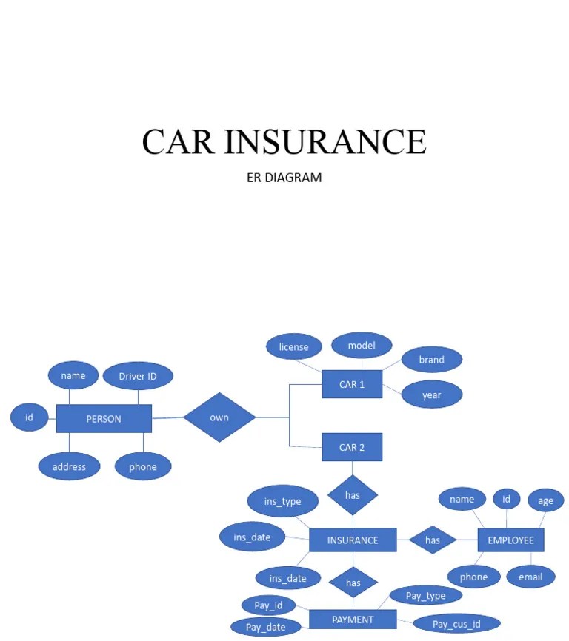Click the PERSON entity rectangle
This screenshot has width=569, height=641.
coord(104,418)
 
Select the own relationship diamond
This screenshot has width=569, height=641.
coord(219,417)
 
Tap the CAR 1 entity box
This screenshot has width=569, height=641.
coord(352,384)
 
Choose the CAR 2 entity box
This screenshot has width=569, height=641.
coord(352,447)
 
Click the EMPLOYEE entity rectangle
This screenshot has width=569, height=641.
coord(510,540)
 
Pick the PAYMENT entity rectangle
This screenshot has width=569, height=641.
coord(353,620)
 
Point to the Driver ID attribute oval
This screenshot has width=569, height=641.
coord(138,376)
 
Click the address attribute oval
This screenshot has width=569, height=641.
coord(69,466)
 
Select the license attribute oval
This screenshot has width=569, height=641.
coord(293,346)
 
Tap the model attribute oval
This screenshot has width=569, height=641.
coord(362,345)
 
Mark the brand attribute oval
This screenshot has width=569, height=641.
coord(431,360)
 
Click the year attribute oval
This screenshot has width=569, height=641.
coord(431,395)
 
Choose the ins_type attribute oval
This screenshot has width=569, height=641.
coord(282,501)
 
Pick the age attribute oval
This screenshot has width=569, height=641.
coord(545,501)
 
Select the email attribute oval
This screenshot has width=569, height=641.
coord(530,577)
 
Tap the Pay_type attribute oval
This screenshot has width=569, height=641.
coord(426,595)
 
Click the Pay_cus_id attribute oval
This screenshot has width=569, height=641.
coord(456,624)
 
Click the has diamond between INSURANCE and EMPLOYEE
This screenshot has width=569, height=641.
coord(433,540)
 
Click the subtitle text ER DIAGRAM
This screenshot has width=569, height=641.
coord(284,178)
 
